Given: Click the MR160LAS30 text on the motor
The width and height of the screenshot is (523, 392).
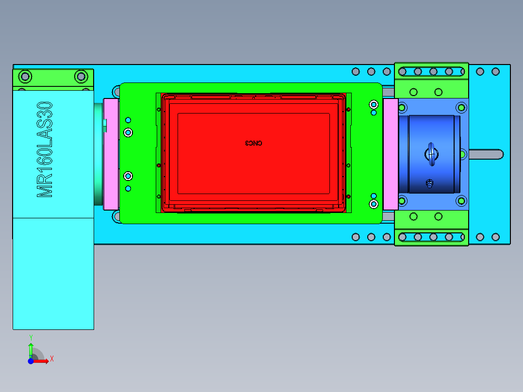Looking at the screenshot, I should [x=45, y=149].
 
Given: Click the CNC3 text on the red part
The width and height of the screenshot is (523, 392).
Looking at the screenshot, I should [x=253, y=143].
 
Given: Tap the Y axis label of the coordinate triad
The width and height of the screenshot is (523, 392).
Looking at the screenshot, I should [x=31, y=337].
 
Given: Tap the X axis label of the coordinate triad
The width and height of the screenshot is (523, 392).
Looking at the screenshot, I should [x=51, y=359].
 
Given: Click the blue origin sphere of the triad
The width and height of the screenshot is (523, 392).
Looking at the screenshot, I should [x=31, y=361].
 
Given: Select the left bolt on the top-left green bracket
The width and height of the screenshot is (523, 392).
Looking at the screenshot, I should [x=25, y=76].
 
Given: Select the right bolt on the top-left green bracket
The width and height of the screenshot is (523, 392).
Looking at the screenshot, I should [x=81, y=76].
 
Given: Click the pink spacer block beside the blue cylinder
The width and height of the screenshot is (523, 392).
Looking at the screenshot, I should [x=390, y=154].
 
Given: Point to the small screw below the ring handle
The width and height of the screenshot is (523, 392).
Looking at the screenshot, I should [x=429, y=183].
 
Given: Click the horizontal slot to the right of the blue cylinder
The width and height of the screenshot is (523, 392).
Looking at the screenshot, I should [x=485, y=154].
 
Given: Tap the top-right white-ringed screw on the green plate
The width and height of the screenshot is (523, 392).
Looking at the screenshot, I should [x=374, y=104].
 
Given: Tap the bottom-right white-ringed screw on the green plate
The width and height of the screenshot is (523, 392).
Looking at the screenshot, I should [x=374, y=204].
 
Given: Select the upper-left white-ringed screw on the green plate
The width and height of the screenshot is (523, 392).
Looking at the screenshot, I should [x=128, y=132].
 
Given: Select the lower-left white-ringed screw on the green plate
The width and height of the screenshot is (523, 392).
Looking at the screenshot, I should [x=128, y=176].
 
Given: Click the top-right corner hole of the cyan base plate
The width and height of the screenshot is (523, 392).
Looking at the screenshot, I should [x=495, y=72].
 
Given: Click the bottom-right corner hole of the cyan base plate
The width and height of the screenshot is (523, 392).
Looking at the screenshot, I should [x=495, y=237].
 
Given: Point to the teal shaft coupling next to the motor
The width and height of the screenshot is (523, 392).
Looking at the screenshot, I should [x=98, y=154].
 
